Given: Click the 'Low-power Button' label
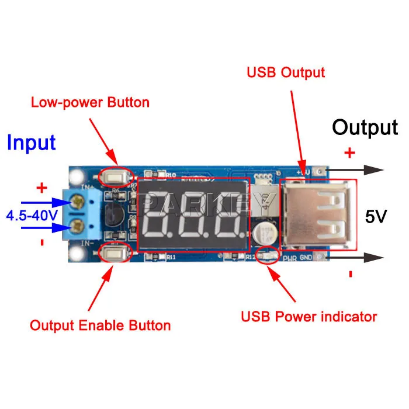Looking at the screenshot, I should tap(90, 103).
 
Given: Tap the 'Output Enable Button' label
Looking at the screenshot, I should tap(100, 325).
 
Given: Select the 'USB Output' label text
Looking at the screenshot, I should tap(286, 73).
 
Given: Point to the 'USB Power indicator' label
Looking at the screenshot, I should tap(309, 317).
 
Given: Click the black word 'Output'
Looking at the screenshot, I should tap(365, 127).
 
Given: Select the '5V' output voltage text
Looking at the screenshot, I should tap(376, 217).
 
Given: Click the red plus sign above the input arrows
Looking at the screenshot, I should tap(41, 188).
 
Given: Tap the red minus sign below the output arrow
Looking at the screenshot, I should tap(350, 274).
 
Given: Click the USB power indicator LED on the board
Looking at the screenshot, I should tap(270, 254).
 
